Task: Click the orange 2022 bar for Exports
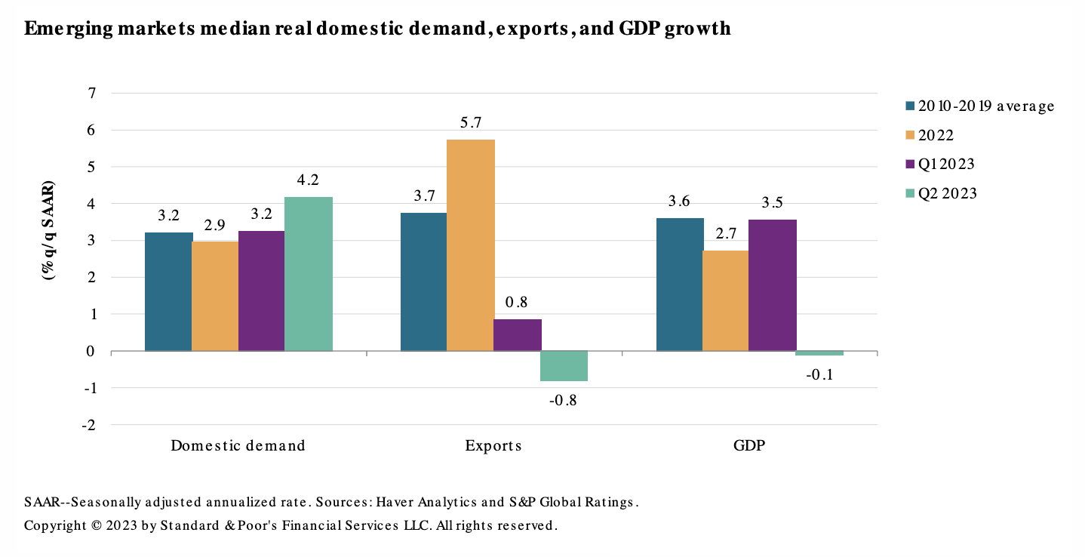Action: pos(471,245)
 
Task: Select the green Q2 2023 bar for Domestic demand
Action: pos(309,274)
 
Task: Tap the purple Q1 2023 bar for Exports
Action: pos(518,335)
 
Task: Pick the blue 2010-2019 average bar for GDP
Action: pos(680,285)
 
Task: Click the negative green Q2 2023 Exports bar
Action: pos(564,366)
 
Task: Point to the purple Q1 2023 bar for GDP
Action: pos(773,285)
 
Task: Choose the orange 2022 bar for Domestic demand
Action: pos(215,296)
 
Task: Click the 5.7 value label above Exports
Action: pos(471,123)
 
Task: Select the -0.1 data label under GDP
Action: pos(819,374)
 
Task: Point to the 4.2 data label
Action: pos(309,180)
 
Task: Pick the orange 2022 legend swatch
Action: pos(910,136)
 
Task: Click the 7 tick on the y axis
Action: pos(92,93)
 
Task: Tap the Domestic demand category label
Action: pos(238,445)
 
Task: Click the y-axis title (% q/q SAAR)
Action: pos(48,231)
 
